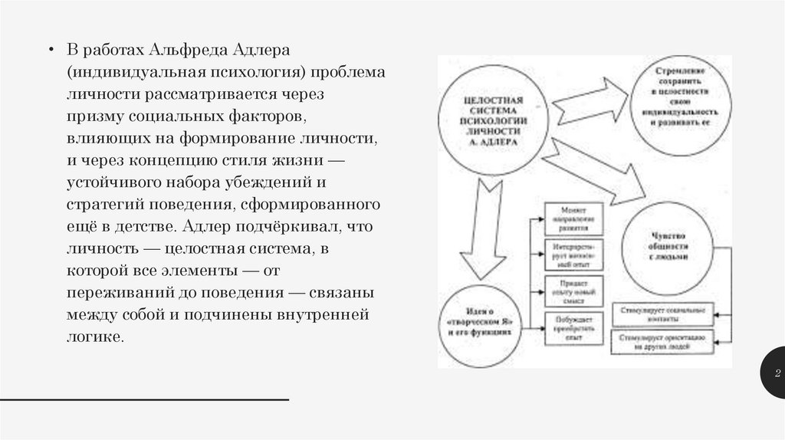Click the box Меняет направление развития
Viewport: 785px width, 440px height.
click(x=573, y=219)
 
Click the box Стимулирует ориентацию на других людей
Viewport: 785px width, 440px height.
click(x=662, y=341)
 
